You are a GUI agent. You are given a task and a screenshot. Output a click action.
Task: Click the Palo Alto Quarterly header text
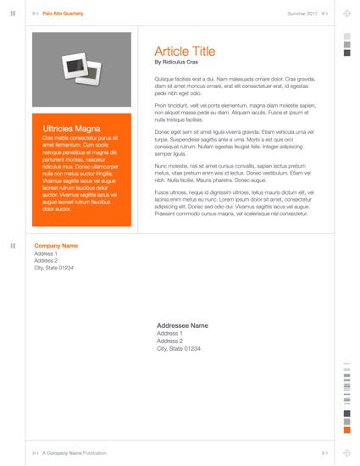[x=64, y=14]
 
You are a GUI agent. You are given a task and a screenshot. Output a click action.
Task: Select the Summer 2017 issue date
[x=302, y=14]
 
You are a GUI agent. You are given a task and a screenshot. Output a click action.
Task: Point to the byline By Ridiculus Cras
[x=176, y=62]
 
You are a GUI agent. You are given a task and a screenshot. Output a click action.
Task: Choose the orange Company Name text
[x=56, y=246]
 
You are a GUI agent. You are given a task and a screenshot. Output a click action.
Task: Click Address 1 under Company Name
[x=46, y=253]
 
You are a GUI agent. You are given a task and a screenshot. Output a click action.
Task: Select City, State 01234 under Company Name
[x=53, y=268]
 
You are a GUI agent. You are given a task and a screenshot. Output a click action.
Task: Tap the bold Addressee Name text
[x=182, y=325]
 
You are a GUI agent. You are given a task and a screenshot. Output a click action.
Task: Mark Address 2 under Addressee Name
[x=170, y=341]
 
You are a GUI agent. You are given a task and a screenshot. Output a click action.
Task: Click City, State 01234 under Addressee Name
[x=179, y=348]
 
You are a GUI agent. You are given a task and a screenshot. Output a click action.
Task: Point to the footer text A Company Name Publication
[x=75, y=453]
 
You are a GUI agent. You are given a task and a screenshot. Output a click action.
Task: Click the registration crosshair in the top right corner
[x=346, y=14]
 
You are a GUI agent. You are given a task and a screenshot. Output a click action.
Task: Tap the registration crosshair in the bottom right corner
[x=346, y=453]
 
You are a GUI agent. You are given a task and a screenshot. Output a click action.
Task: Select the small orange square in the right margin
[x=346, y=430]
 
